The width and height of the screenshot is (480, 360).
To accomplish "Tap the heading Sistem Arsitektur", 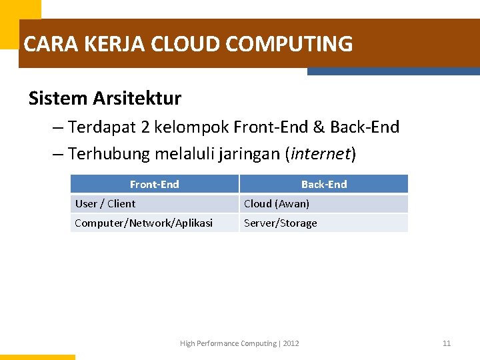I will [105, 99].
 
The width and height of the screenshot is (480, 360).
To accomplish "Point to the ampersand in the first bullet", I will [318, 127].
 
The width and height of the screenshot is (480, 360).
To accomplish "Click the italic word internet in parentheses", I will [320, 154].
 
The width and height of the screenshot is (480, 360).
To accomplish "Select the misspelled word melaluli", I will [184, 154].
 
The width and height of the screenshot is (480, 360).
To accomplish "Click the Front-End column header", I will [154, 184].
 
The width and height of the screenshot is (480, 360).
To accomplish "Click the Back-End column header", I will [324, 184].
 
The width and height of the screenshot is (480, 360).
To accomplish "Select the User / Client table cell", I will [105, 204].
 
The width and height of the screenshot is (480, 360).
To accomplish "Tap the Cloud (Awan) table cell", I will [277, 204].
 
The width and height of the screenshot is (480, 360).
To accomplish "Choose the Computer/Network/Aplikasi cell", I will [143, 223].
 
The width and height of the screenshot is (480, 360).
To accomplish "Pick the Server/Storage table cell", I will [281, 223].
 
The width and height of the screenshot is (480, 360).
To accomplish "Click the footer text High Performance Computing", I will [228, 343].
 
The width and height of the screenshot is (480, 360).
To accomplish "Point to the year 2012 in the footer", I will [291, 343].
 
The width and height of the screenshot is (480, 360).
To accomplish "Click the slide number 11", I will [447, 343].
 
